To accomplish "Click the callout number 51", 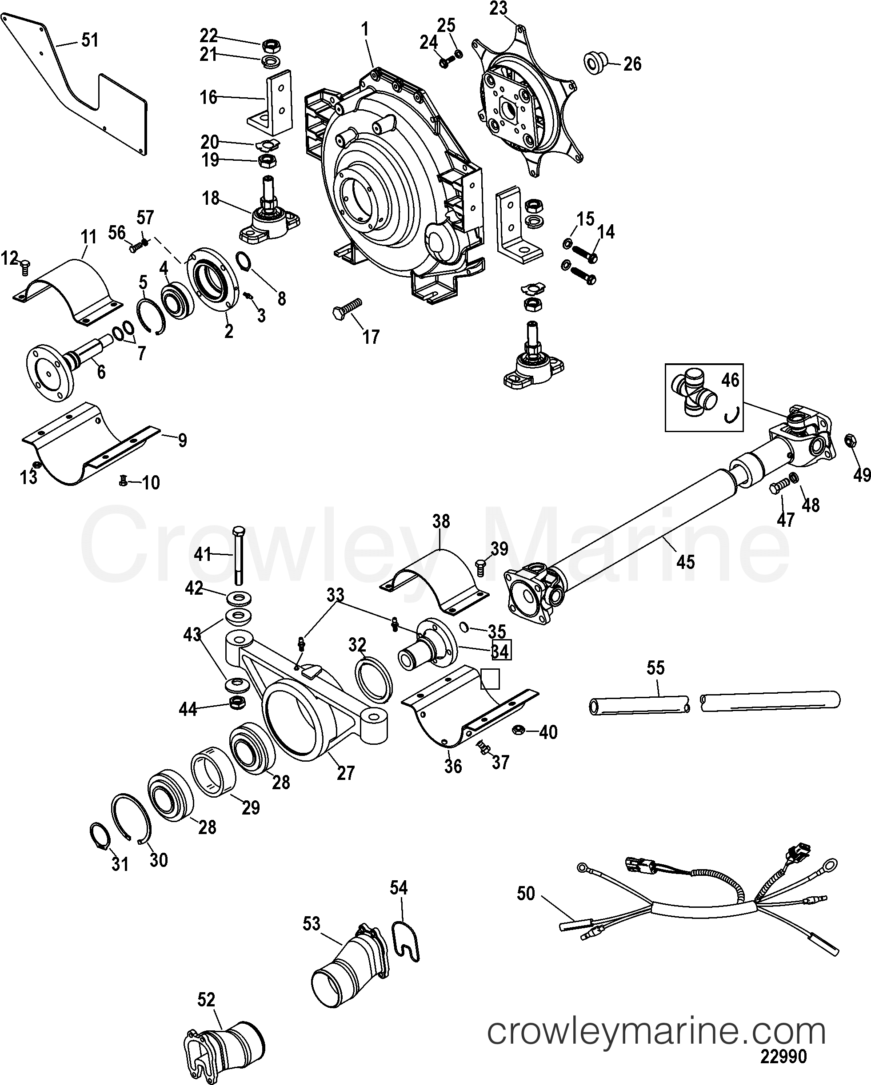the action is coord(90,40).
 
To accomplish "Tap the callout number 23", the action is coord(499,9).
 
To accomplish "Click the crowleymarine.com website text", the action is coord(656,1028).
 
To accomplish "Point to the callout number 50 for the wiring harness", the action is coord(526,894).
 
